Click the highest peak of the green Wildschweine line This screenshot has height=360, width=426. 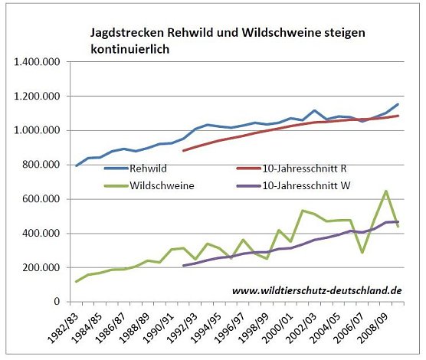pyautogui.click(x=386, y=191)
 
